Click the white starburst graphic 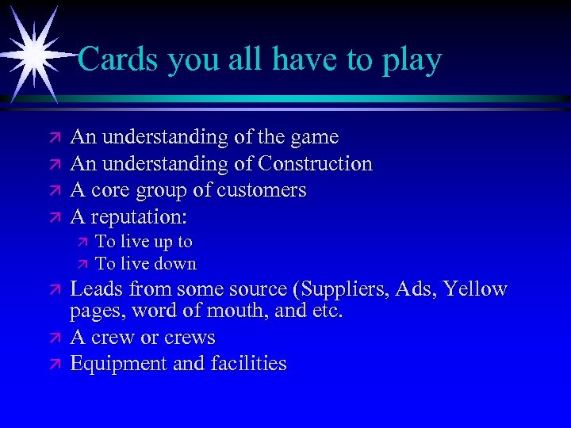pos(33,53)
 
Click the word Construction pos(313,164)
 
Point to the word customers pos(262,190)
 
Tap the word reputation pos(138,216)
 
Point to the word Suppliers pos(343,289)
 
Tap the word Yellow pos(476,289)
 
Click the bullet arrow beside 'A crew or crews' pos(54,338)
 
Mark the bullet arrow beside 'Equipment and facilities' pos(54,365)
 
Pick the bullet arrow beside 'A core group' pos(54,191)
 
